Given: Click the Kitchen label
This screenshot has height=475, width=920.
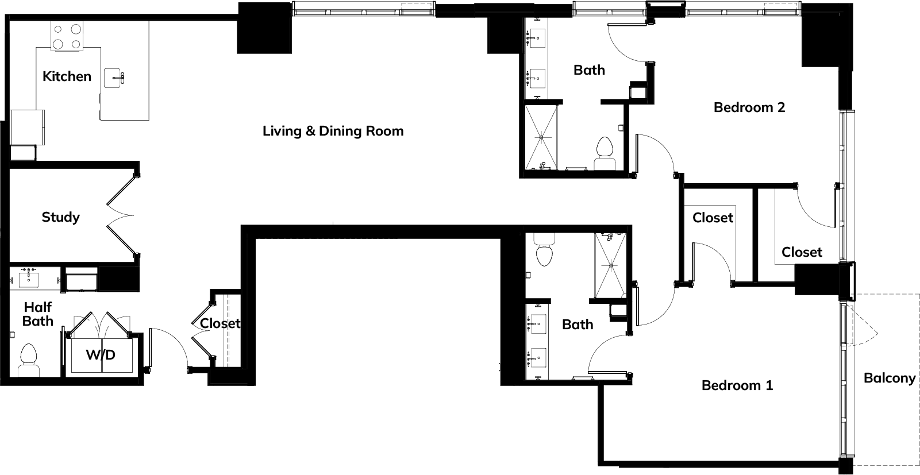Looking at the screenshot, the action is coord(67,76).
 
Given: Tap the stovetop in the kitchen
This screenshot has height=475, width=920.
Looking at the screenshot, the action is coord(67,36).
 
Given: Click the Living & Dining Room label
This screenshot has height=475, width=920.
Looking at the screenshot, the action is coord(333,131).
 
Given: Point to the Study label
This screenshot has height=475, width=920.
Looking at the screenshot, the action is coord(61,217).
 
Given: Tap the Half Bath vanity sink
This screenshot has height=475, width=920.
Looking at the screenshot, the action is coord(29,279).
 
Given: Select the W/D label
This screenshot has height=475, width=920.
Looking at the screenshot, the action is coord(101,355).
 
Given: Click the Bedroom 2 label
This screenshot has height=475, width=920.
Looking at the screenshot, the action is coord(749,107).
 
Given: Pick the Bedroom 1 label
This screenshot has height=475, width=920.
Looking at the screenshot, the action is coord(737,385).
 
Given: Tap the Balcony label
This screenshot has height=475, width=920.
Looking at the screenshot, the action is coord(890,378).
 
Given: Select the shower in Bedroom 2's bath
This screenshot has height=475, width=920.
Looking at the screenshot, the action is coord(542,137).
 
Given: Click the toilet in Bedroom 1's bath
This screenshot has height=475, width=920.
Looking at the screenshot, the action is coord(544,250).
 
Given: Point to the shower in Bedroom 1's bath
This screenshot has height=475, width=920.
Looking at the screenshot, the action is coord(611,265).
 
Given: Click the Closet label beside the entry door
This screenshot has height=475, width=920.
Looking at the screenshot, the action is coord(220,323).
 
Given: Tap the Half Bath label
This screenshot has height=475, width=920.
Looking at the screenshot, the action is coord(38,314).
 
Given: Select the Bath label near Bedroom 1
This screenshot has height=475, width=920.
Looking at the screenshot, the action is coord(578,325).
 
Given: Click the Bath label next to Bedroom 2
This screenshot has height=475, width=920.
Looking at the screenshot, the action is coord(589,70).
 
